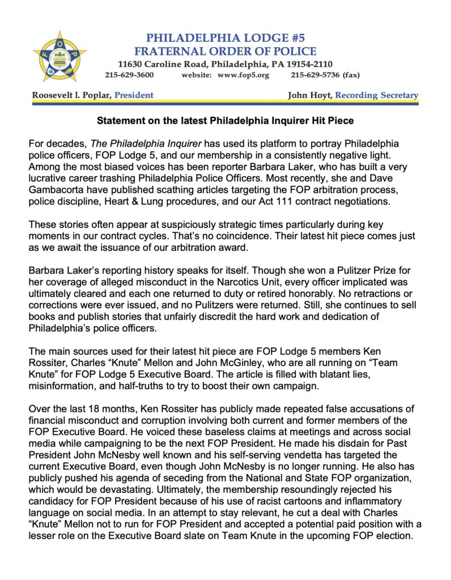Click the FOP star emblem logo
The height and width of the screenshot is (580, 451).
click(59, 56)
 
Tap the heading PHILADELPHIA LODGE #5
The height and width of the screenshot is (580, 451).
click(226, 38)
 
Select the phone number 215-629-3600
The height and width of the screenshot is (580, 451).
click(129, 75)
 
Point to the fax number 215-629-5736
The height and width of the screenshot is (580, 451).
click(315, 75)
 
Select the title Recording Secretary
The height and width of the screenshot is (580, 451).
click(377, 95)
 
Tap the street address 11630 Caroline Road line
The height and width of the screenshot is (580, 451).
click(226, 63)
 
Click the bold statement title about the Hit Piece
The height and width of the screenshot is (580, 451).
click(226, 121)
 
